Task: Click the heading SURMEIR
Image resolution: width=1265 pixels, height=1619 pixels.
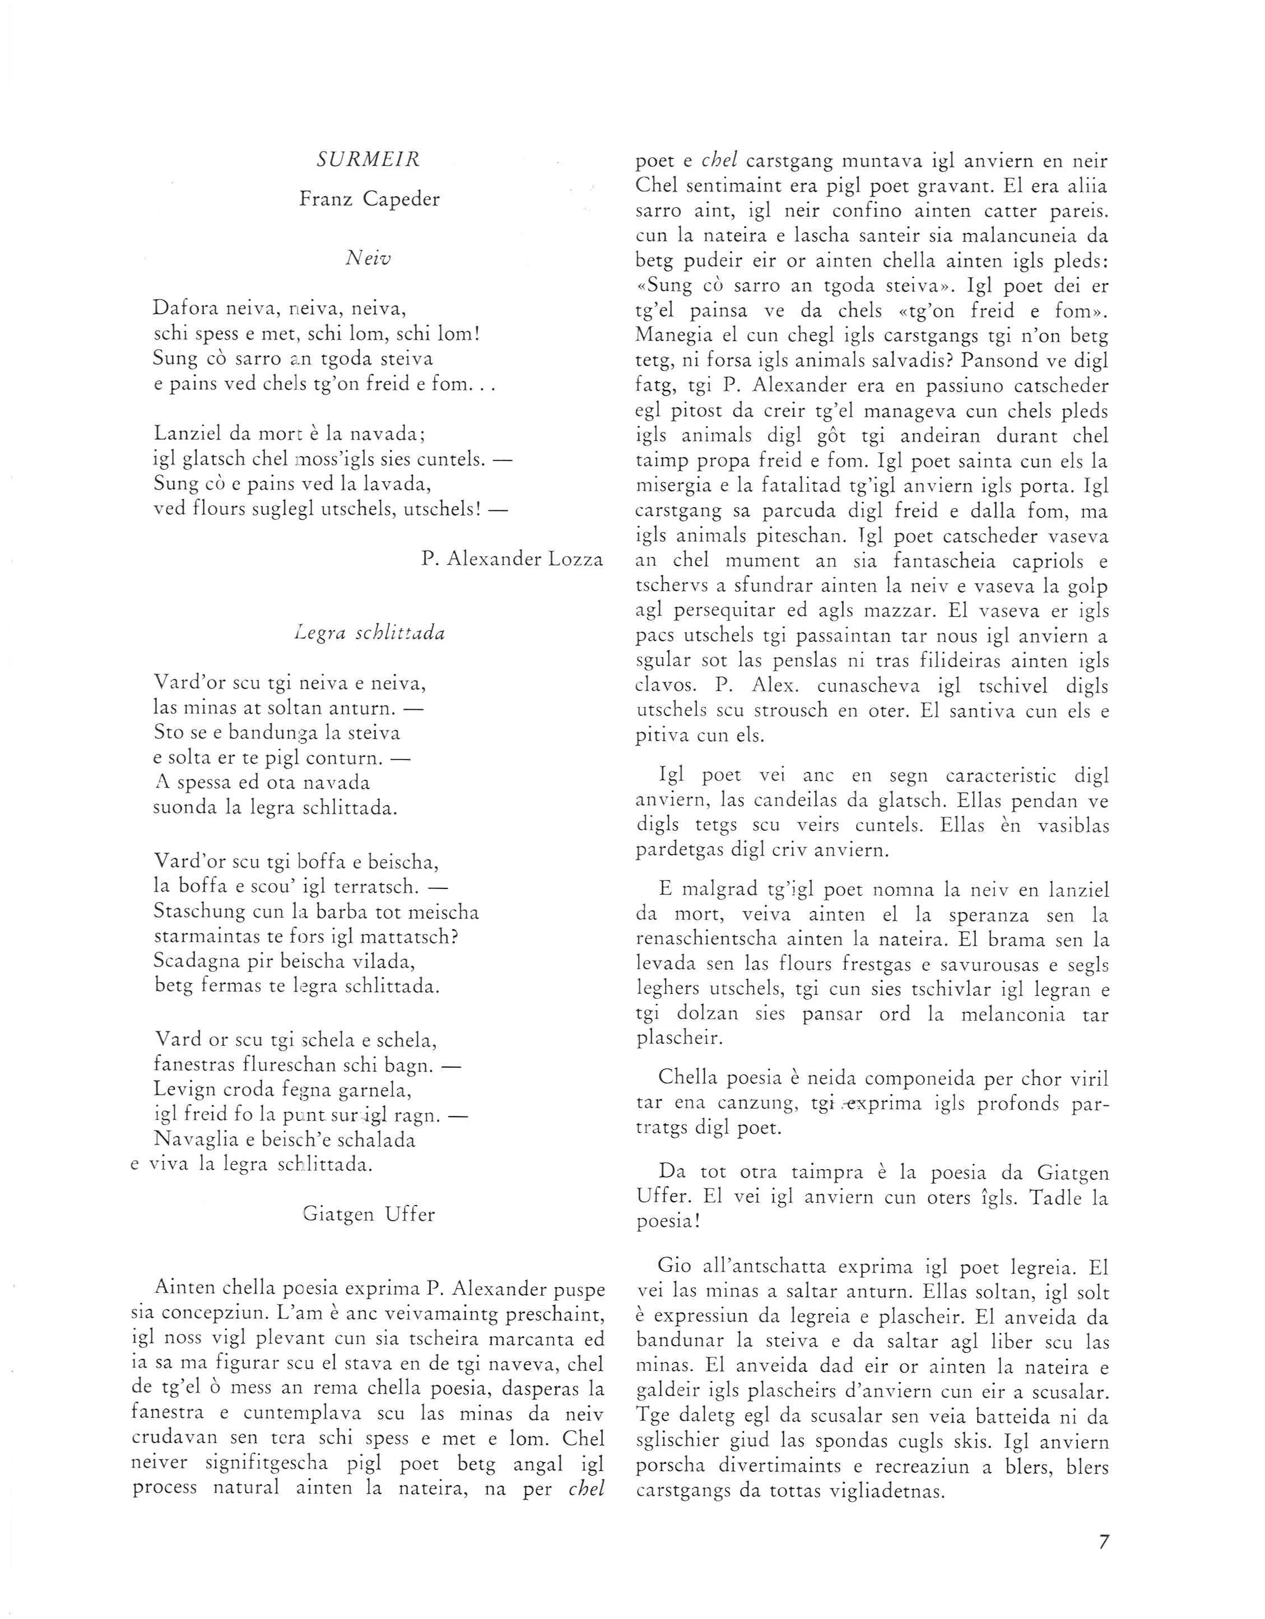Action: pos(369,160)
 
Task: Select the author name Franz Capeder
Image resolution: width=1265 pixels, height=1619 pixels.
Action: pos(369,199)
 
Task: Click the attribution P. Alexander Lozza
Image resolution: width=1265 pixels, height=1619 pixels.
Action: pos(511,559)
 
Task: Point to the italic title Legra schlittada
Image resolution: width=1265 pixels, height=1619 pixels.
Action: pos(369,634)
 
